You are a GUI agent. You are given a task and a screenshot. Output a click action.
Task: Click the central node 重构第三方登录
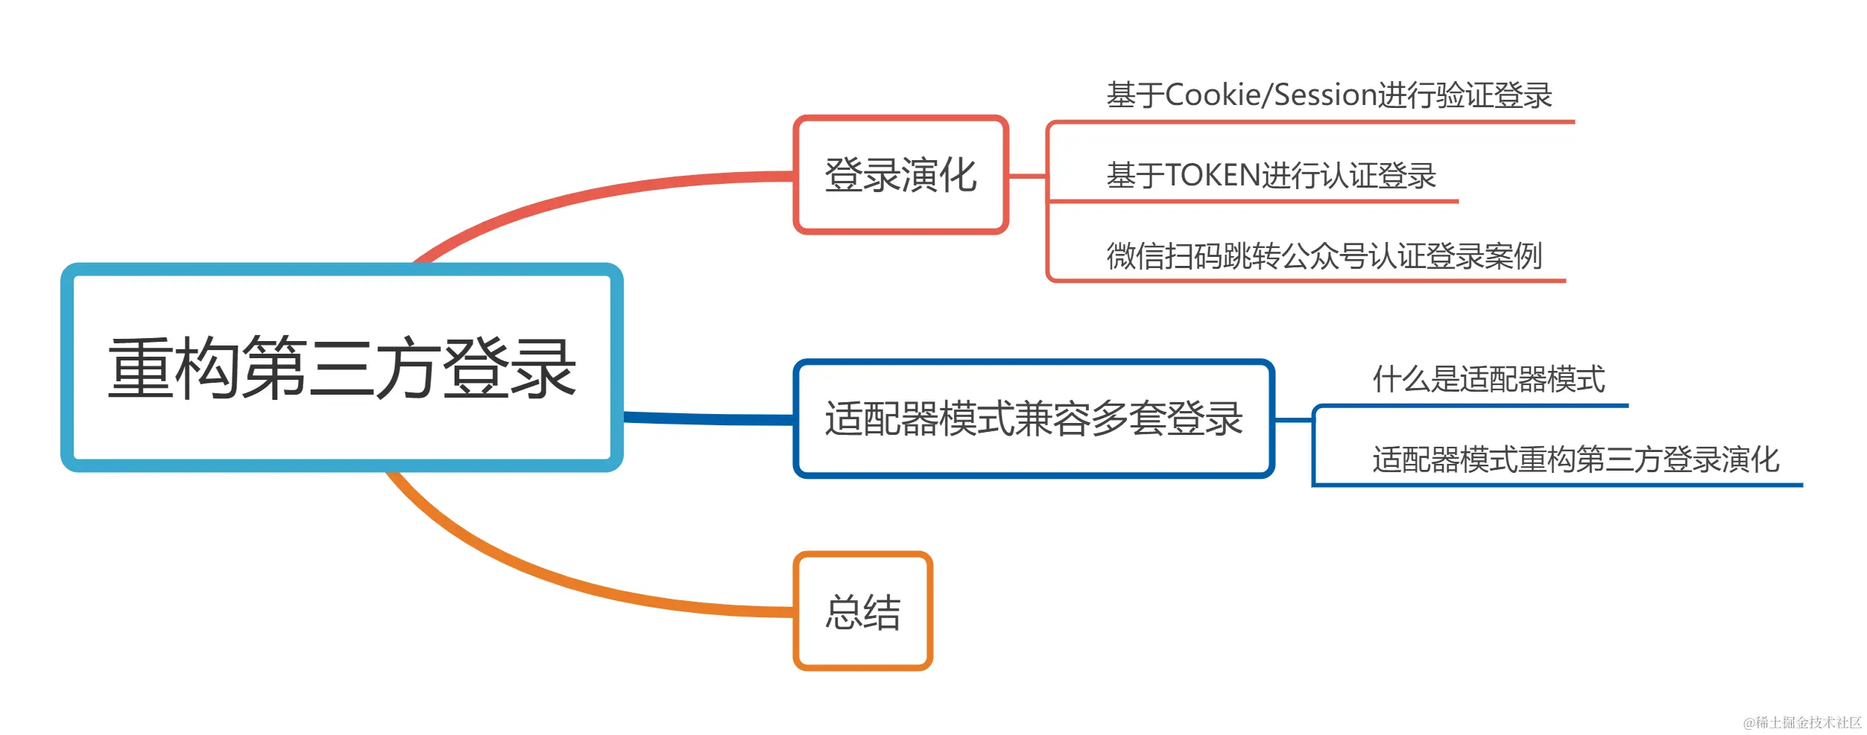click(341, 367)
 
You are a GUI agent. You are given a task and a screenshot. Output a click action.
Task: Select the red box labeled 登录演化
click(900, 175)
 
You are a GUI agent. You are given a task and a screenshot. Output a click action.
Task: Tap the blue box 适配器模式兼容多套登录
click(1034, 419)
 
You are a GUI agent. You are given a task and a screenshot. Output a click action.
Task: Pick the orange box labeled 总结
click(863, 611)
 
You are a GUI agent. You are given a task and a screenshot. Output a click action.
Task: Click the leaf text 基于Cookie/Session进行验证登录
click(1329, 95)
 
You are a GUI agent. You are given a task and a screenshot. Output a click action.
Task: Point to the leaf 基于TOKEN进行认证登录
click(1271, 176)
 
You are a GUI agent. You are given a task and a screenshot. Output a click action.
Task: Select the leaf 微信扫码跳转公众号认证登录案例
click(1324, 255)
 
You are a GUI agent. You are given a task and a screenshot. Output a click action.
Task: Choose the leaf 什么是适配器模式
click(1488, 379)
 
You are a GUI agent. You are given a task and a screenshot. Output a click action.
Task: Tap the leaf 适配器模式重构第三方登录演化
click(1576, 459)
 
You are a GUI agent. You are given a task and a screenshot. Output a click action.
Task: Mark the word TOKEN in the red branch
click(1212, 176)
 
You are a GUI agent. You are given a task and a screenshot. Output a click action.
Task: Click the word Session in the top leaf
click(1324, 95)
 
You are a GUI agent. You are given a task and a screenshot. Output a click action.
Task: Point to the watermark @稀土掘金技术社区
click(1801, 722)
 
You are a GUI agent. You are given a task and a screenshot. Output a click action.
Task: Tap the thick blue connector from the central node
click(708, 419)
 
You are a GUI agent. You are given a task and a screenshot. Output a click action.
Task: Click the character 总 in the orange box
click(844, 612)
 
